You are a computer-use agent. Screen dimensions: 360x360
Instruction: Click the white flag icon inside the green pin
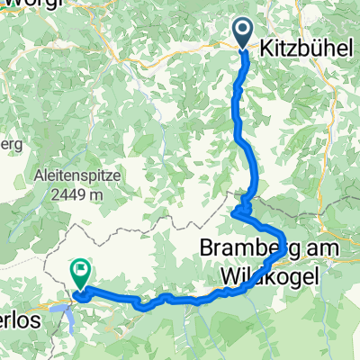[x=81, y=267]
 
